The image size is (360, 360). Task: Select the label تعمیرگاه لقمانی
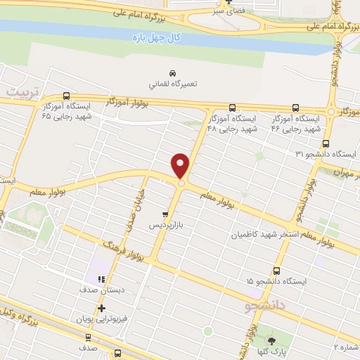click(x=173, y=83)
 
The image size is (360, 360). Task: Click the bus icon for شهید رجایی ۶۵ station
click(x=66, y=96)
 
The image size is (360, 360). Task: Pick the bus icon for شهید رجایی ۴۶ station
click(x=295, y=108)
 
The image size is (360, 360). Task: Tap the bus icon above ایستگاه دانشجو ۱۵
click(x=276, y=270)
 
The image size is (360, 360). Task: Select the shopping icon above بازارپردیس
click(x=165, y=214)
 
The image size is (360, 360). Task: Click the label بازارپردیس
click(x=162, y=226)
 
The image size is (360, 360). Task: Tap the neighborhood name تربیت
click(x=24, y=92)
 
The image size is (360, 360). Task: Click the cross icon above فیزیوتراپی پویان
click(x=102, y=308)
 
